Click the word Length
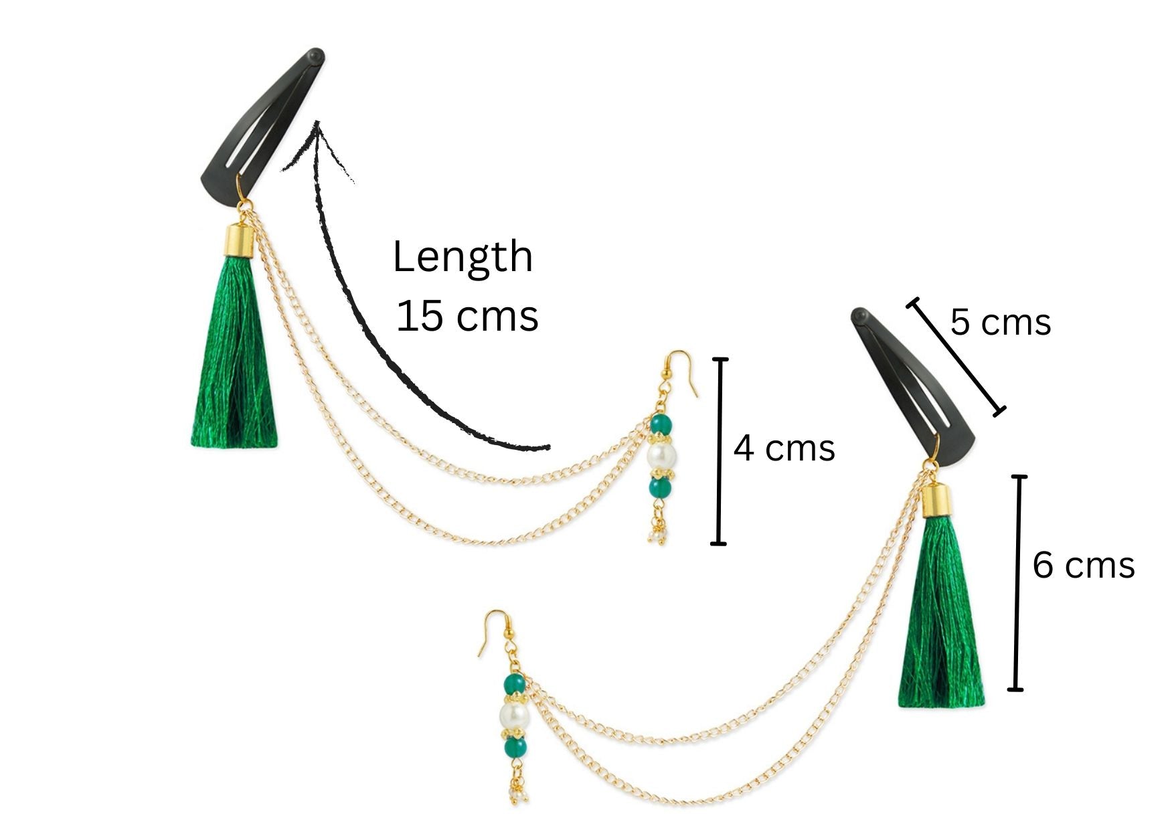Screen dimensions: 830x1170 point(462,258)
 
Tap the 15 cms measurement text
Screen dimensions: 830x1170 point(467,316)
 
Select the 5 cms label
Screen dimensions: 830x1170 point(1000,323)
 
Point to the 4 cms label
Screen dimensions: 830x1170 point(784,448)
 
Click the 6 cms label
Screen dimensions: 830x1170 point(1083,566)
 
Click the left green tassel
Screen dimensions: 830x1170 point(234,361)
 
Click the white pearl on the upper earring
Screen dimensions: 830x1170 point(661,456)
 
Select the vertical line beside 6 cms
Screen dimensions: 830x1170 point(1018,582)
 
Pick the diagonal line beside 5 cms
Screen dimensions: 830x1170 point(956,357)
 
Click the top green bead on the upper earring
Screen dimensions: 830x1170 point(661,424)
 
